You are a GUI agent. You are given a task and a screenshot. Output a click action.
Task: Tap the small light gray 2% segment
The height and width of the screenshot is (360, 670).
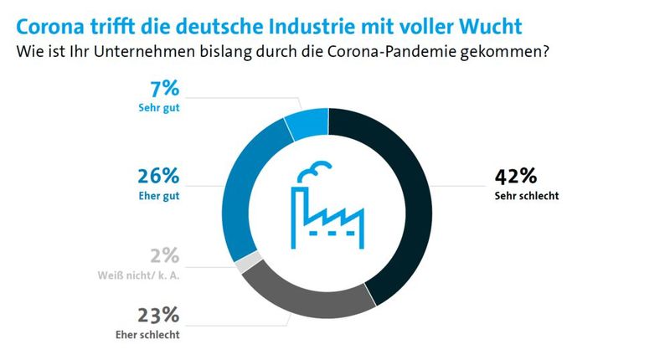click(x=244, y=265)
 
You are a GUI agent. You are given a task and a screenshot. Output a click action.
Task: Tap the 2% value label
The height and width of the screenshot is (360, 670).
click(x=164, y=256)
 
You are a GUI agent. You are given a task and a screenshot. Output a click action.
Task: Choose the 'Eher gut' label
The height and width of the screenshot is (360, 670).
click(x=160, y=198)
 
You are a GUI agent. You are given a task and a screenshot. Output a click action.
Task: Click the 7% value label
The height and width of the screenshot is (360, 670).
click(x=165, y=89)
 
